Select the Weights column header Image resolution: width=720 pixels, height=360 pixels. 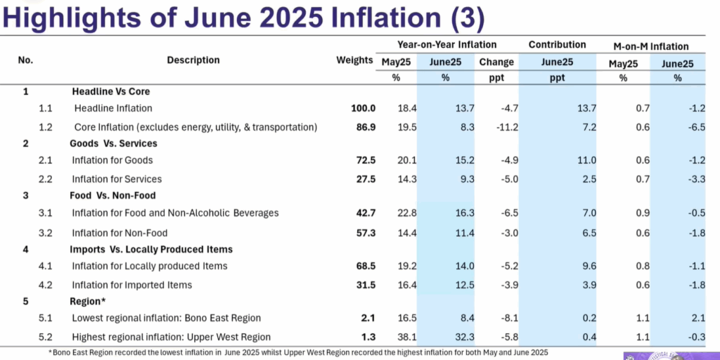point(354,60)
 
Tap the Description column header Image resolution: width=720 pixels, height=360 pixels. point(193,60)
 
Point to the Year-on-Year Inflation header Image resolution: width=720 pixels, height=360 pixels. point(446,45)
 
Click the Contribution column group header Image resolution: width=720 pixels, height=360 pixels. point(557,45)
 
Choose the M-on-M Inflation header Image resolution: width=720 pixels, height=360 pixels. point(651,46)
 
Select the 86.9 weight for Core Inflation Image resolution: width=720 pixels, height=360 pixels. point(364,127)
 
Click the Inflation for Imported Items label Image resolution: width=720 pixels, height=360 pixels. point(131,285)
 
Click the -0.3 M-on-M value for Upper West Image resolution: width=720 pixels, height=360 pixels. point(696,337)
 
